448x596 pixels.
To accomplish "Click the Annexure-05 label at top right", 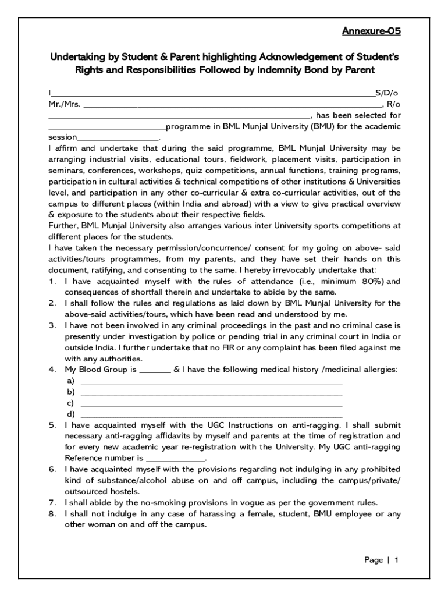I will click(x=370, y=31).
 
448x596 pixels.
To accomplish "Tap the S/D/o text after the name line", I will click(x=386, y=93).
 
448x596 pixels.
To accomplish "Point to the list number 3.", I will click(x=52, y=325).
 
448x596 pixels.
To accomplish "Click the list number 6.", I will click(x=52, y=469).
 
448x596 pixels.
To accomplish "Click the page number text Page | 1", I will click(x=381, y=560).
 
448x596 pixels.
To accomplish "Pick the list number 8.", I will click(x=52, y=513).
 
